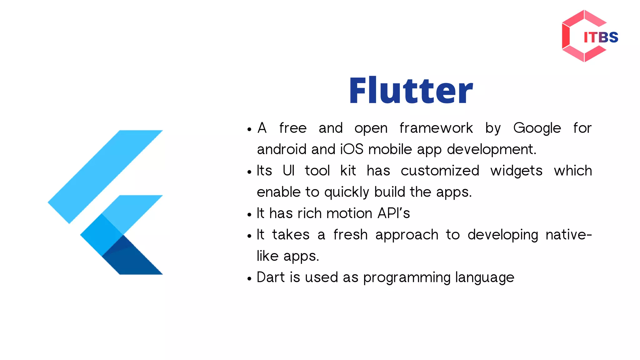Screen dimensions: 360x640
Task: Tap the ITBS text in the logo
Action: pos(601,37)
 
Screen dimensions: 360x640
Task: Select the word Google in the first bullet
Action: pos(537,128)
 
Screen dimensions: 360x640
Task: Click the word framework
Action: pos(436,128)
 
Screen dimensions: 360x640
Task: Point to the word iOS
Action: pos(352,149)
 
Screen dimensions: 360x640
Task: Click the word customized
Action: pos(440,171)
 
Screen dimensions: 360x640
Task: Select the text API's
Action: pos(393,213)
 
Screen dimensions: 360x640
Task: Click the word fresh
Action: pos(350,235)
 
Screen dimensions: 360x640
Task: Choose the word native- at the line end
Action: pos(568,235)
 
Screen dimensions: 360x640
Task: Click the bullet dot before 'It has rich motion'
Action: pos(249,215)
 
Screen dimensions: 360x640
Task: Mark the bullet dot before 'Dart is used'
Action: pos(249,279)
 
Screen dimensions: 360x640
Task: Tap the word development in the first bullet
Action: pos(491,150)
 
